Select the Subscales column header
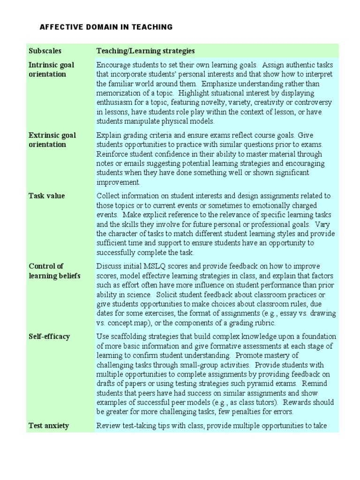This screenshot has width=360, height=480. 45,51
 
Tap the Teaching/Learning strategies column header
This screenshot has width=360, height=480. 145,51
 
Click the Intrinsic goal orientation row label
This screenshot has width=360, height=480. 52,69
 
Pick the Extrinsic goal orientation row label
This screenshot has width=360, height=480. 52,140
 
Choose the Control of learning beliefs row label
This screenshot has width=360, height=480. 54,271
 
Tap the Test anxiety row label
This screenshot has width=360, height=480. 49,426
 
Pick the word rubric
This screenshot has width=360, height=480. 264,323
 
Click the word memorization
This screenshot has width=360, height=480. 118,93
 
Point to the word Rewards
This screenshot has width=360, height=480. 318,403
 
